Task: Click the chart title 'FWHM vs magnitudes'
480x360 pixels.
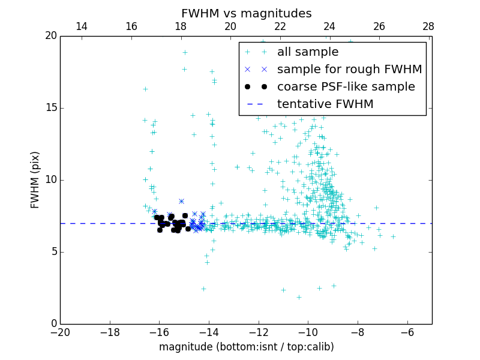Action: click(247, 13)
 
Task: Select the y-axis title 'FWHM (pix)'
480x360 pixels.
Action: click(35, 180)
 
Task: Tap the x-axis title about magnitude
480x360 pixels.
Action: click(246, 347)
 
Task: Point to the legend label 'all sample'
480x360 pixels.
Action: click(308, 52)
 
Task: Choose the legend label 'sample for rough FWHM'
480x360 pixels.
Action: click(349, 70)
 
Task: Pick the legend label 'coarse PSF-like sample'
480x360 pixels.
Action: click(346, 87)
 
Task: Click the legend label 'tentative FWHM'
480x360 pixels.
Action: click(325, 104)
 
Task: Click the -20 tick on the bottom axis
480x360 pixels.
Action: click(60, 333)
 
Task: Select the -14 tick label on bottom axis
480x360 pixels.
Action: click(208, 333)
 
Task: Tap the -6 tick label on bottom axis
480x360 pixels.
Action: click(407, 333)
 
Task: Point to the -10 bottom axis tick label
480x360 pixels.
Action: click(307, 333)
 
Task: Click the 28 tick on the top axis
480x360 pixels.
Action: click(428, 26)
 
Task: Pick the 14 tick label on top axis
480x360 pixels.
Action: click(82, 26)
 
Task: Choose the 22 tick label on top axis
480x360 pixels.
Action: click(280, 26)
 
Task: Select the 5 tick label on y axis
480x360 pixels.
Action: click(52, 252)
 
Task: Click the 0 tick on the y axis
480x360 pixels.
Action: click(52, 324)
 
